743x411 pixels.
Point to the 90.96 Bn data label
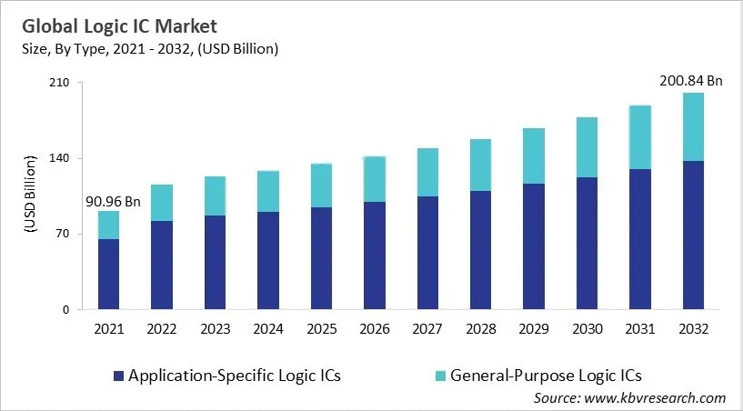pos(112,201)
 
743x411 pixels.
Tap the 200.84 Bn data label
pos(691,81)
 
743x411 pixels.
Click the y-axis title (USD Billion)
pos(28,195)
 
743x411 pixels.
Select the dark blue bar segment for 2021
pos(109,275)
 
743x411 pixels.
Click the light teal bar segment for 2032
pos(693,126)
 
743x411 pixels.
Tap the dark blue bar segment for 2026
pos(375,256)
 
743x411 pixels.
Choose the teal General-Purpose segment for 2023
pos(216,195)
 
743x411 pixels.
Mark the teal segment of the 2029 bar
pos(534,155)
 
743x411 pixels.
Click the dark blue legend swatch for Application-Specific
pos(116,375)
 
